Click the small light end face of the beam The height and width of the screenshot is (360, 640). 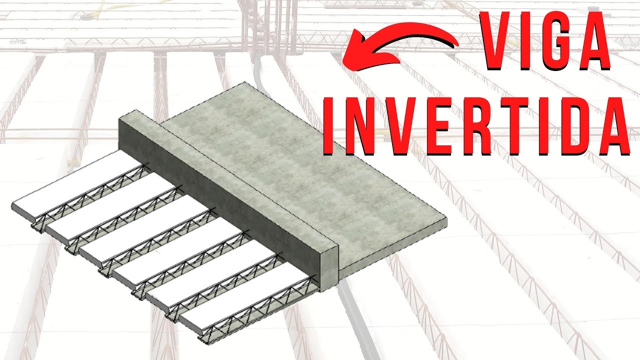click(328, 266)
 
